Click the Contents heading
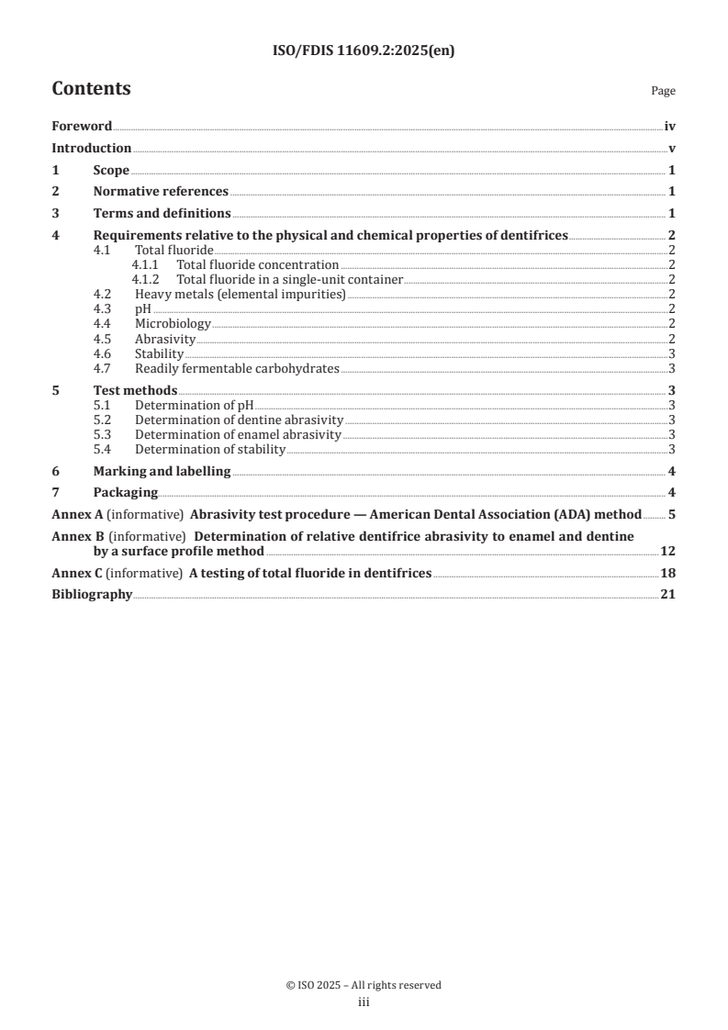point(91,89)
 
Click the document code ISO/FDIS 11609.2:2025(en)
point(364,51)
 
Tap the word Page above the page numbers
point(663,92)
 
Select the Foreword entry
point(82,127)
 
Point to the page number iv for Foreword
point(670,127)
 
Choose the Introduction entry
point(91,148)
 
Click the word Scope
point(111,170)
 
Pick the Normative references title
point(161,192)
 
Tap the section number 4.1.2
point(145,279)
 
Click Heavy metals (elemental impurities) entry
point(240,294)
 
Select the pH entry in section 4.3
point(143,308)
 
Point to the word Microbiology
point(173,323)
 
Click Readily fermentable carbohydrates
point(237,368)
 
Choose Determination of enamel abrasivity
point(238,434)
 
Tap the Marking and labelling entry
point(162,471)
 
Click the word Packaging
point(126,492)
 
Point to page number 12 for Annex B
point(668,551)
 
